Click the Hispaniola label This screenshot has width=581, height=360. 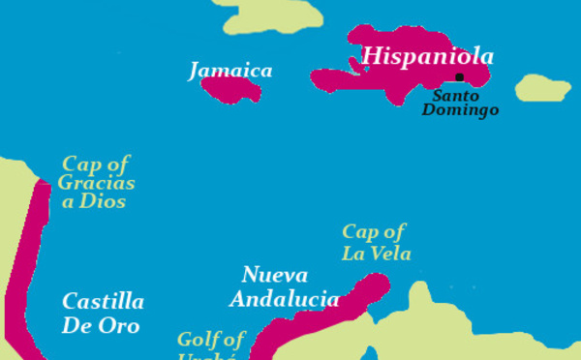click(x=427, y=56)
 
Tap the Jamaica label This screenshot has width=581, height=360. click(x=230, y=71)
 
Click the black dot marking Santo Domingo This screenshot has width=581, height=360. click(x=459, y=77)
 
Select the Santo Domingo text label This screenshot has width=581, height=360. click(x=460, y=103)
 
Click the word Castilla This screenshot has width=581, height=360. click(x=103, y=301)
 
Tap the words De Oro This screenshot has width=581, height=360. click(x=100, y=325)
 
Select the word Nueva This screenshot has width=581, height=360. click(x=275, y=275)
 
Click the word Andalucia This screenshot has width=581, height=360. click(x=284, y=299)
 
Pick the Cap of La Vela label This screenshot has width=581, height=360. click(x=376, y=242)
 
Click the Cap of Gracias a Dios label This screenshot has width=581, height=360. click(x=96, y=183)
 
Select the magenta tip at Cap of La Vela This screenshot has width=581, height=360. click(x=376, y=283)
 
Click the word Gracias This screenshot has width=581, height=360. click(x=96, y=183)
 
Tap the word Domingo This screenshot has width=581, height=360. click(x=460, y=110)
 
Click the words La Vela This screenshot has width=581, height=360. click(x=376, y=254)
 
